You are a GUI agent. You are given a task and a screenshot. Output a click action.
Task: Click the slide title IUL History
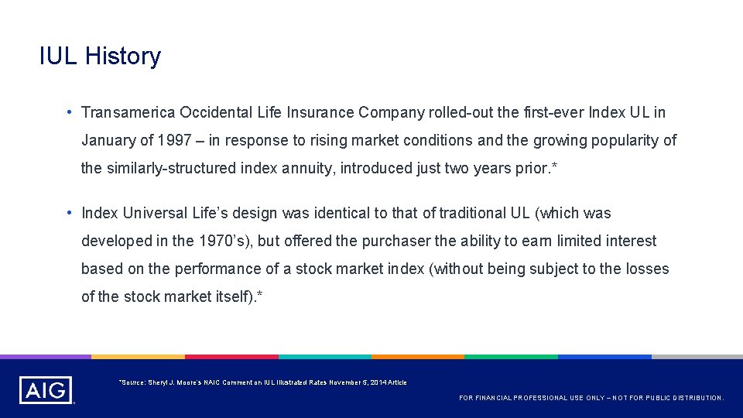click(x=100, y=57)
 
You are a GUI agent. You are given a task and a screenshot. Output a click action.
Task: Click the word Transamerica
click(x=128, y=113)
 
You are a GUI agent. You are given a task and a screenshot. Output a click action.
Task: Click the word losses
click(x=648, y=269)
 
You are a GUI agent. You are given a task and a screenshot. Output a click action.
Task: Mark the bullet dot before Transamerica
click(x=70, y=113)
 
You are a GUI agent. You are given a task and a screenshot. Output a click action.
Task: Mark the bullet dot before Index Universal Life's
click(x=70, y=213)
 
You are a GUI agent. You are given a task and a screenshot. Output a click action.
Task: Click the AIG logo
click(x=46, y=390)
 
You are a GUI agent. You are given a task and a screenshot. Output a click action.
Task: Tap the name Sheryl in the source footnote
click(x=152, y=382)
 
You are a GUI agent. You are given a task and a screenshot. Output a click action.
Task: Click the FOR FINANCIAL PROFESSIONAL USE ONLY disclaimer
click(x=591, y=398)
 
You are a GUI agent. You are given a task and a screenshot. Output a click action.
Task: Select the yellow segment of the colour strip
click(x=139, y=357)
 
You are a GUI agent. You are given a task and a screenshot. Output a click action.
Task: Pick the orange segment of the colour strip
click(x=418, y=357)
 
